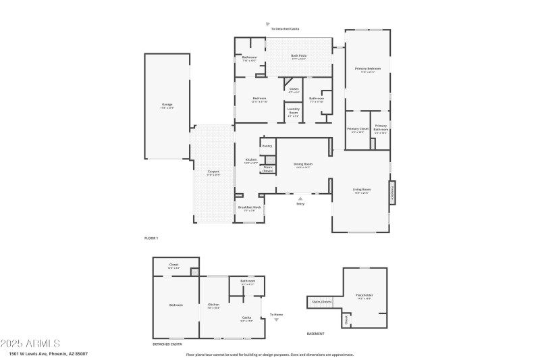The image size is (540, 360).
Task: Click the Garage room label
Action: coord(167,105)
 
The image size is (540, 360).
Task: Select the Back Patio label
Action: coord(298,57)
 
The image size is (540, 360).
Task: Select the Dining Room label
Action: coord(302,164)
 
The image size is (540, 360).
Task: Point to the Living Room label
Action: coord(362,190)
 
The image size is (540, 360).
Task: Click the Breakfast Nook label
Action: coord(249,207)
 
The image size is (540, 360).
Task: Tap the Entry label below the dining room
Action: coord(300,204)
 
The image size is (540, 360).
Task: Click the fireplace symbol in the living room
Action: coord(391,191)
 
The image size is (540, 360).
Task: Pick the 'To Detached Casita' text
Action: coord(285,29)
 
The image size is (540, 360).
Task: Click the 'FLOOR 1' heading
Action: coord(151,238)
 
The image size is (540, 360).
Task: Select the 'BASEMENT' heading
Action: coord(315,334)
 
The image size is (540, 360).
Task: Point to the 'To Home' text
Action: coord(276,315)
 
